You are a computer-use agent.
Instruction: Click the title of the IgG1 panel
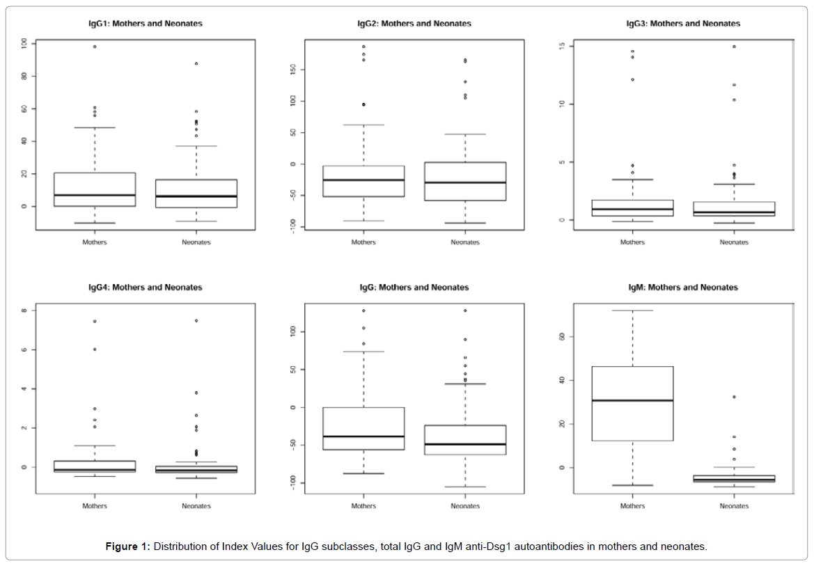tap(146, 24)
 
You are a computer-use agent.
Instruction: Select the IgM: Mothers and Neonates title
tap(683, 288)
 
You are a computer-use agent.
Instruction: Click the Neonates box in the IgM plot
tap(734, 479)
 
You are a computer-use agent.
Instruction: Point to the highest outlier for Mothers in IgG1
tap(95, 47)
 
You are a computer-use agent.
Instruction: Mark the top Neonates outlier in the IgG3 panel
tap(734, 47)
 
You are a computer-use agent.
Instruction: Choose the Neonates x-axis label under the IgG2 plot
tap(465, 242)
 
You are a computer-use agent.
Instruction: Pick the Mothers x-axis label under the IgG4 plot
tap(95, 506)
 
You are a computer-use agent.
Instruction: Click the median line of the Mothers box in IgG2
tap(363, 180)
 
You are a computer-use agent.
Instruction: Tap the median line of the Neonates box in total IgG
tap(465, 444)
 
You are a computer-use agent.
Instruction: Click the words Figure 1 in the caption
tap(127, 547)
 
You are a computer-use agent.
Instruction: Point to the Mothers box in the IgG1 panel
tap(95, 189)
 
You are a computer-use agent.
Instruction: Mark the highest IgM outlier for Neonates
tap(734, 397)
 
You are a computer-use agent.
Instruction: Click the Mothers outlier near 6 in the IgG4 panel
tap(95, 349)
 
